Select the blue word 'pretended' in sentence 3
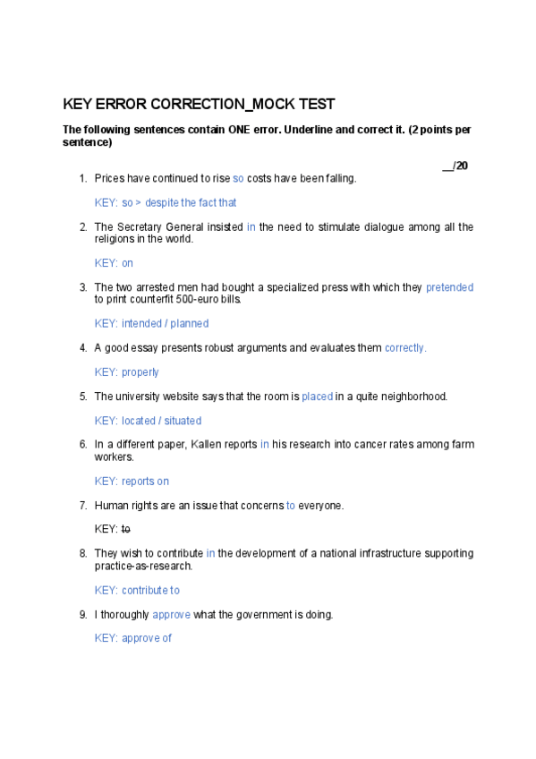[x=449, y=287]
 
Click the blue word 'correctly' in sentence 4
[x=404, y=348]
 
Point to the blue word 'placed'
[x=317, y=397]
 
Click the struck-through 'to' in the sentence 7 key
[x=125, y=530]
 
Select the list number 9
[x=83, y=615]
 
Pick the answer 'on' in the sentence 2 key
[x=127, y=263]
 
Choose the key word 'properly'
[x=140, y=372]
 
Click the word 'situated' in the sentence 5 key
[x=183, y=421]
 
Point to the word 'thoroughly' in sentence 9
[x=124, y=615]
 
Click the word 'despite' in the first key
[x=163, y=202]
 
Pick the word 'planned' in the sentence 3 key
[x=189, y=324]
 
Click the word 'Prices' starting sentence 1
[x=109, y=178]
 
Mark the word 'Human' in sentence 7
[x=111, y=506]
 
